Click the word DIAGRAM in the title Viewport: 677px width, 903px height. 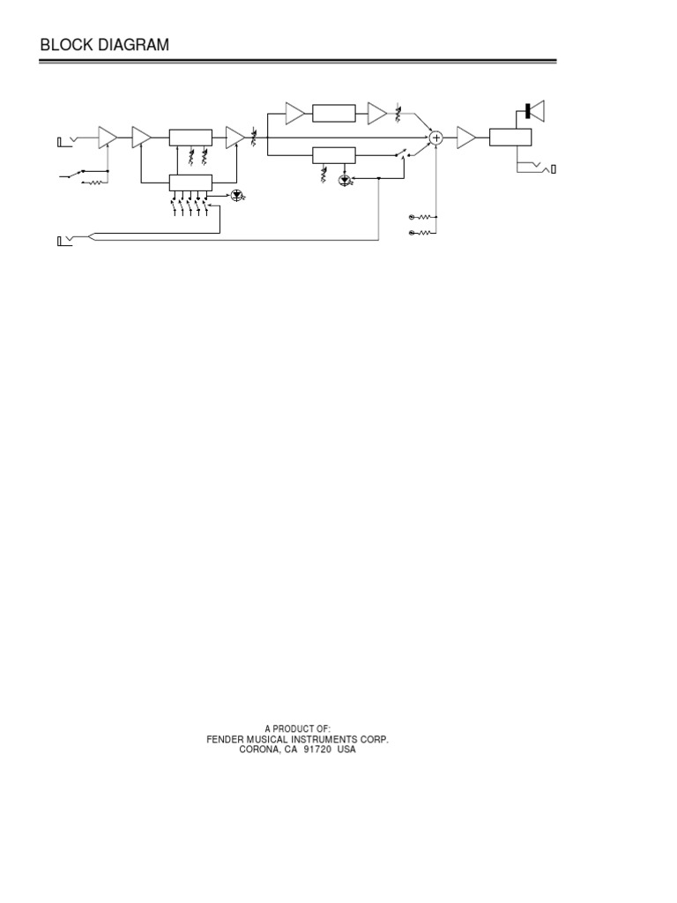coord(131,45)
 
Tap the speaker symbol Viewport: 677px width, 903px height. coord(534,111)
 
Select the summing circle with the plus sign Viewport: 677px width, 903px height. coord(435,137)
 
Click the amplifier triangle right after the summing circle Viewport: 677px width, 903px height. coord(465,137)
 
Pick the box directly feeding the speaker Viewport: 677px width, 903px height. coord(510,137)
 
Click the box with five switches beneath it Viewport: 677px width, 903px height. coord(190,183)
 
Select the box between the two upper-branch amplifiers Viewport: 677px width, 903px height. coord(334,113)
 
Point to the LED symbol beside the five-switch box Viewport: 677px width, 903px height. coord(236,195)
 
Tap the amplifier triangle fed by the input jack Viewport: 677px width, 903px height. coord(107,137)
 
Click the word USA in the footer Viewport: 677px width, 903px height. coord(349,750)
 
